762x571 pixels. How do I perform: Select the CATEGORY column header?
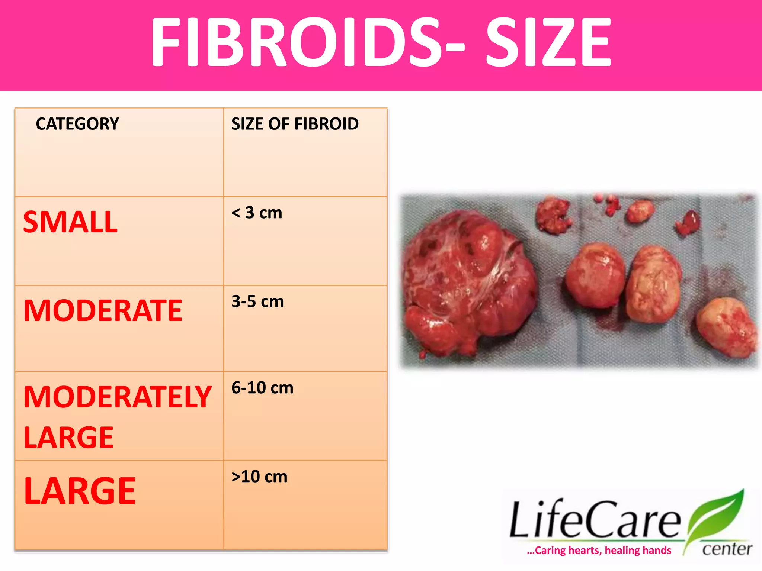77,124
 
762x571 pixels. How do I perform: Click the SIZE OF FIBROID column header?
295,124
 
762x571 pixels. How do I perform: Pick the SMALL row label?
70,222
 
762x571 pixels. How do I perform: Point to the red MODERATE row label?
103,311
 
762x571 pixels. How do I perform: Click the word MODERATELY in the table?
118,397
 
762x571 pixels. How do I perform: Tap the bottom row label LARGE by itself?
80,491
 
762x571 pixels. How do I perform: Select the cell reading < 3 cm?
257,213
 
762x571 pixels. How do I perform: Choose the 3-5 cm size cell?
257,301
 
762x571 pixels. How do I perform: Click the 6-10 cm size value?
262,388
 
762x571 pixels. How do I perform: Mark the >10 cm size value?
259,477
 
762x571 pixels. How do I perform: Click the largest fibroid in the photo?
469,283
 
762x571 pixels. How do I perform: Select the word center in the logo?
727,549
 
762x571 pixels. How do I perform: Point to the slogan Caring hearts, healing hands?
599,550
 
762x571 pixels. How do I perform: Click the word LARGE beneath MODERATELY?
68,438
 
